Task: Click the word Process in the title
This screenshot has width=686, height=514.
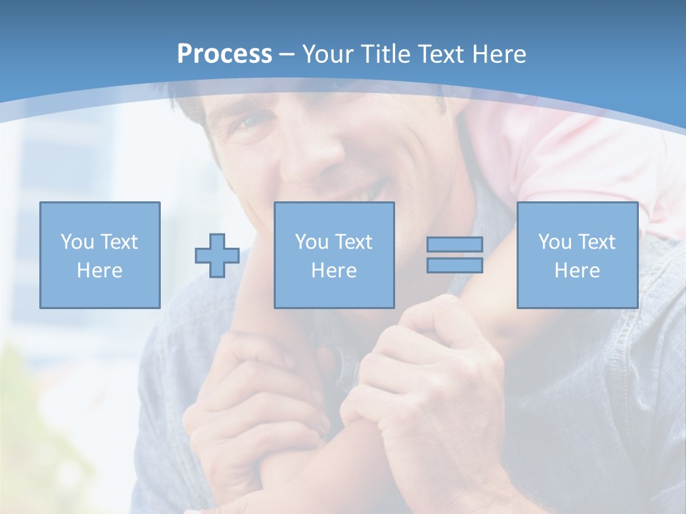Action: click(x=224, y=54)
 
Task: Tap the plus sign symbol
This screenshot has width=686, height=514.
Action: click(x=217, y=256)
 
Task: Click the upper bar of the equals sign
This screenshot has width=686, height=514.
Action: click(x=454, y=244)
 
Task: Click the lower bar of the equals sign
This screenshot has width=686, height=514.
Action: click(x=454, y=266)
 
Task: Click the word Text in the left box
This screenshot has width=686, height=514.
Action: click(x=119, y=242)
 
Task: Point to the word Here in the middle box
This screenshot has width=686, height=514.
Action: click(x=334, y=271)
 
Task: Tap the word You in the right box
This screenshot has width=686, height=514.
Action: click(x=555, y=242)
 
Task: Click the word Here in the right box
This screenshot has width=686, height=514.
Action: click(x=577, y=271)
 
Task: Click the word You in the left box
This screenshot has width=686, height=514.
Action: click(x=77, y=242)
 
